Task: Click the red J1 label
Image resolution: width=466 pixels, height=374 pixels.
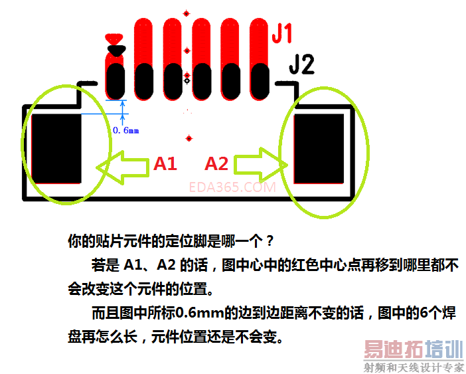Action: click(282, 34)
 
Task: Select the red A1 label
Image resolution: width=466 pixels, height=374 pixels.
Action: click(165, 163)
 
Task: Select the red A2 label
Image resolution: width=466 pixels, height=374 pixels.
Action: click(216, 163)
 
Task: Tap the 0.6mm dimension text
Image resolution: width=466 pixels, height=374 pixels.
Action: click(126, 131)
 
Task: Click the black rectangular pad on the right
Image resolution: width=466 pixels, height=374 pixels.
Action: click(319, 148)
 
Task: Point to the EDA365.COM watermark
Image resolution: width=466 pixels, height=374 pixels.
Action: click(232, 187)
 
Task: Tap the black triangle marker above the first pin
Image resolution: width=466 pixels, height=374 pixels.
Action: click(117, 50)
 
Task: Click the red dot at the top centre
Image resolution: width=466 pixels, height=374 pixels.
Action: click(189, 13)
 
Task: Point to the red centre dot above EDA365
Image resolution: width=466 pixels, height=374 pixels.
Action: click(189, 138)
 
